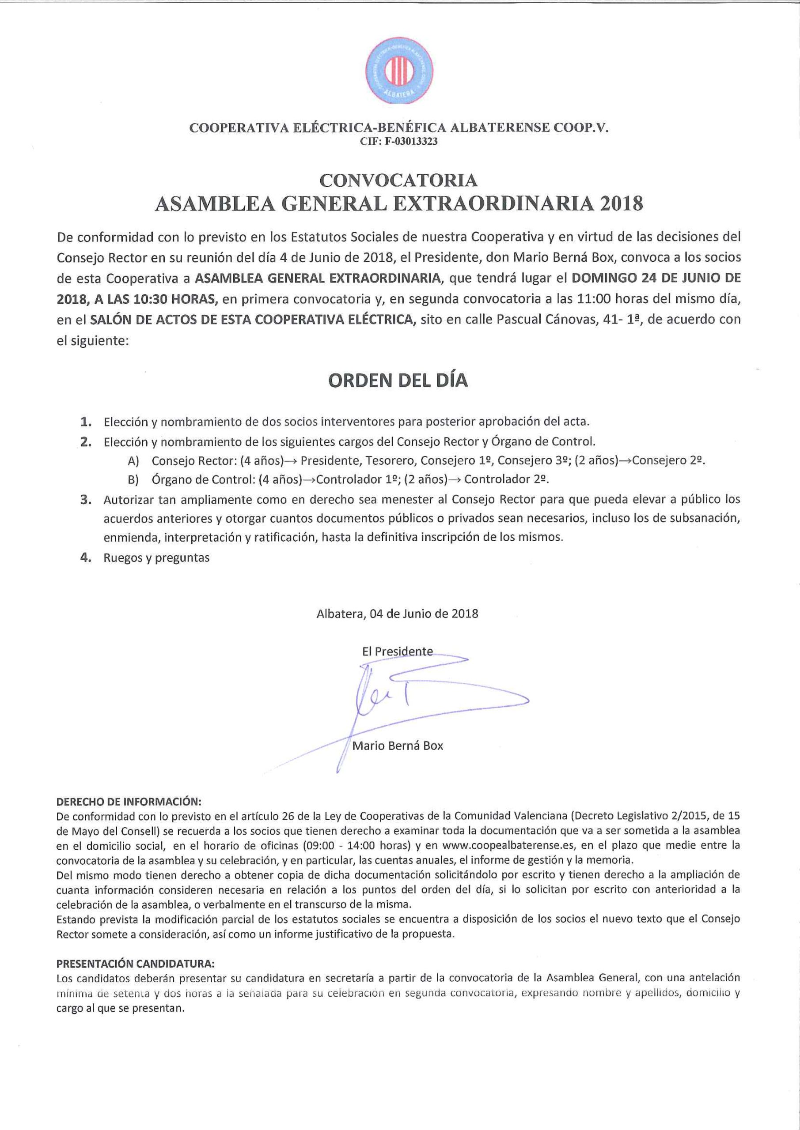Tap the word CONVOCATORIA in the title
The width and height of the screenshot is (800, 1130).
pos(399,181)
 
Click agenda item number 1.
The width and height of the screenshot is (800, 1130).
pos(86,422)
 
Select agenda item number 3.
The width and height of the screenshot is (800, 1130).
pos(86,500)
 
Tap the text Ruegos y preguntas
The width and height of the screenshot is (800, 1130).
pos(157,557)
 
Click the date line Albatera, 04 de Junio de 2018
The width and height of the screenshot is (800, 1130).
pos(398,614)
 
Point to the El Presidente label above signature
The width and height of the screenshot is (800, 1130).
pos(397,652)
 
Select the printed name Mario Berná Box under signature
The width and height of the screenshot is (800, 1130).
pos(398,746)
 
